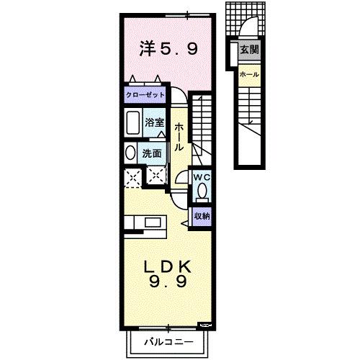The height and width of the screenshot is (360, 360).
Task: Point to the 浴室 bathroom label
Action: coord(154,122)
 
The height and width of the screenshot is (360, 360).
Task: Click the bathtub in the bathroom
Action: coord(132,124)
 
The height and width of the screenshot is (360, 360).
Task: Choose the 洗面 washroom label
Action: coord(151,153)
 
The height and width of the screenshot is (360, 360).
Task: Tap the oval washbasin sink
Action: coord(130,153)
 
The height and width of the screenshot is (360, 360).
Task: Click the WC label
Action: coord(201,176)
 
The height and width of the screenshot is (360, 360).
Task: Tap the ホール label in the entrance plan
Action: coord(249,75)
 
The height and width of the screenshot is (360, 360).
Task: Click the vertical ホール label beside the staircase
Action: coord(179,136)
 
